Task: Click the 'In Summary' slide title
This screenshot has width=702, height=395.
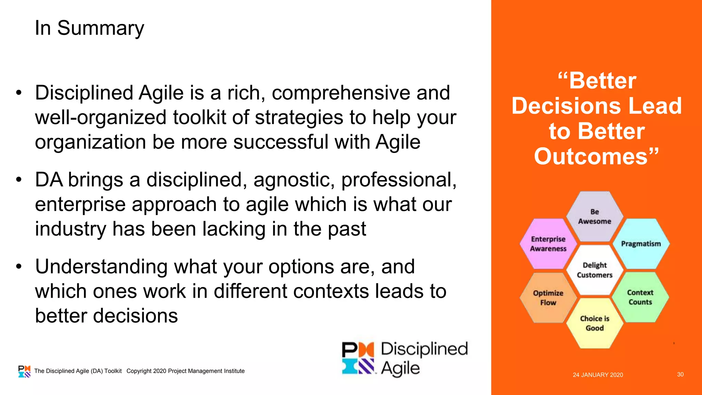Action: point(89,28)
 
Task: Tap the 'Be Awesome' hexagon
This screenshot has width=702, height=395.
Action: point(594,217)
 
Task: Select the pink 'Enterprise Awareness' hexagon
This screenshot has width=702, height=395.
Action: point(548,244)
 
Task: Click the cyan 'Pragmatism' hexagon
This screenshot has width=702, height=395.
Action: point(641,244)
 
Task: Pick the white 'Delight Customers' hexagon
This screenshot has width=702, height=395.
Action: point(594,270)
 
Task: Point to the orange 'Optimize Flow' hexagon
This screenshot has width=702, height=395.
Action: point(548,298)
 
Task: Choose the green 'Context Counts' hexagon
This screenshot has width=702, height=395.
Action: point(640,297)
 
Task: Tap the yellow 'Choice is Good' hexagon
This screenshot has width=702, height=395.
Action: point(594,323)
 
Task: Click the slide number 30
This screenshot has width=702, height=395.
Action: point(680,374)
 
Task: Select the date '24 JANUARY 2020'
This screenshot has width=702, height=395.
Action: point(598,375)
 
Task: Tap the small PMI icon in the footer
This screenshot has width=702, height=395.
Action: point(24,371)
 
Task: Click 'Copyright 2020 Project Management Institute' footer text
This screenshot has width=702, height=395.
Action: point(185,371)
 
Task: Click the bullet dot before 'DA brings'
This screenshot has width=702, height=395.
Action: point(19,180)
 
